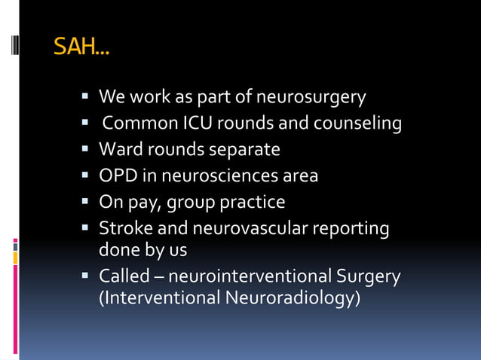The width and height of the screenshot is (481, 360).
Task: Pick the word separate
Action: tap(242, 150)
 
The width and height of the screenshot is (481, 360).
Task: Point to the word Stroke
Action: tap(124, 228)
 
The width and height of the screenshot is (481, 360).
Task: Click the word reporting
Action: tap(352, 228)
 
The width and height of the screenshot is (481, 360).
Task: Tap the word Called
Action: tap(124, 276)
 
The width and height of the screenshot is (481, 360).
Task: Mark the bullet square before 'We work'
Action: tap(87, 98)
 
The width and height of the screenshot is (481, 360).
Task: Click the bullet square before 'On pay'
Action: tap(87, 202)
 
